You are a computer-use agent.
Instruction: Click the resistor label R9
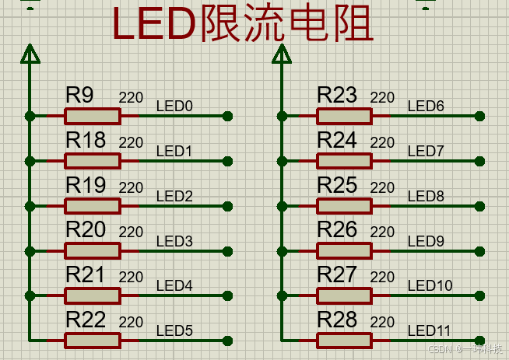coord(79,96)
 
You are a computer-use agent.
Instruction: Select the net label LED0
coord(174,107)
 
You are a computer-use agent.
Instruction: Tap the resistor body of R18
coord(93,161)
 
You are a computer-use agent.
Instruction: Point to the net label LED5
coord(174,331)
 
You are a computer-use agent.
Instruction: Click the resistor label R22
coord(86,320)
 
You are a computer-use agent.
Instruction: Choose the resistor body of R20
coord(93,250)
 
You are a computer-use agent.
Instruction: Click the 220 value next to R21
coord(131,278)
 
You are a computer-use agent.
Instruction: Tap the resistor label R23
coord(337,96)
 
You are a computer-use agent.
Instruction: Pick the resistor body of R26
coord(344,250)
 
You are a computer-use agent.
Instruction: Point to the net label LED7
coord(426,151)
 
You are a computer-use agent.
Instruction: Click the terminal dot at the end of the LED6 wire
coord(479,116)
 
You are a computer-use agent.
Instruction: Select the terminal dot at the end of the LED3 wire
coord(227,250)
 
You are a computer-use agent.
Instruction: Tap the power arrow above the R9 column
coord(30,54)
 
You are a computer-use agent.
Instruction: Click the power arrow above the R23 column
coord(281,54)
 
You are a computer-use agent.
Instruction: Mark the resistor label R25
coord(337,185)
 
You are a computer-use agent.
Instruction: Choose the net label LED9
coord(426,241)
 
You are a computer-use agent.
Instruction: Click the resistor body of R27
coord(344,295)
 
